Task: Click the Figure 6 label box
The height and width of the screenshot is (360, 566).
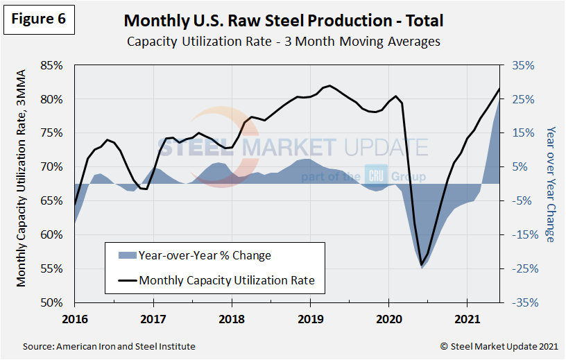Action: [x=39, y=20]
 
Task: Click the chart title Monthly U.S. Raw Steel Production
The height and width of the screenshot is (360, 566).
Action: [x=284, y=21]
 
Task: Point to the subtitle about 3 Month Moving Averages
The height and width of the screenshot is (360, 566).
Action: [x=284, y=41]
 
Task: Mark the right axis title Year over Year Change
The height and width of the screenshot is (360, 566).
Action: [x=551, y=184]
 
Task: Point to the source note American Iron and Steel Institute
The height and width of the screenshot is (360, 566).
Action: [x=109, y=346]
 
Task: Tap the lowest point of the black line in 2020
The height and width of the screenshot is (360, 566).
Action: [x=421, y=264]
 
